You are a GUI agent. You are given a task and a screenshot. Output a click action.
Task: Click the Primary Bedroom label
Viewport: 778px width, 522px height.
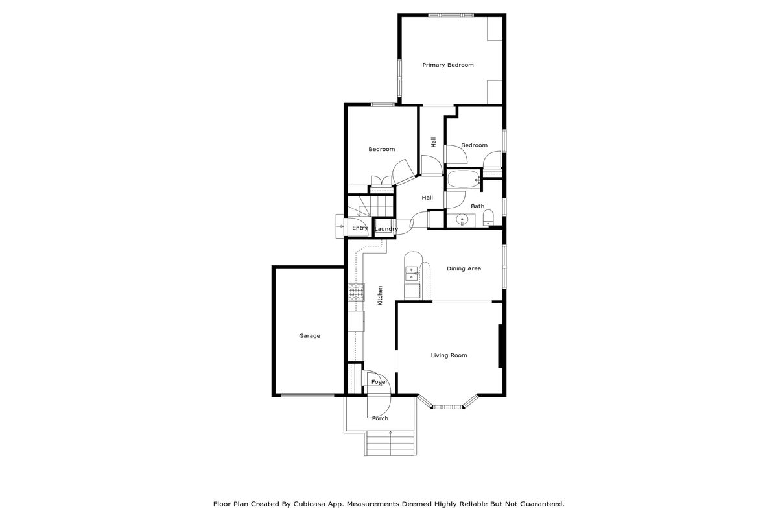(448, 65)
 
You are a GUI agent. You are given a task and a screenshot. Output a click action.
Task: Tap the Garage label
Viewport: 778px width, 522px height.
(309, 336)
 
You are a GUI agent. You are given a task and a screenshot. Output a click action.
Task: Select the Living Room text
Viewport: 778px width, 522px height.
(449, 355)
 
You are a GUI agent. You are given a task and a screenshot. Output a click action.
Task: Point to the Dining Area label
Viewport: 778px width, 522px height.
(464, 268)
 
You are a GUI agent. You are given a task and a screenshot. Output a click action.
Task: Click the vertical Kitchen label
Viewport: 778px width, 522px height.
(380, 296)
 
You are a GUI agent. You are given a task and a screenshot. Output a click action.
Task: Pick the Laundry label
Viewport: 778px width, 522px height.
(386, 229)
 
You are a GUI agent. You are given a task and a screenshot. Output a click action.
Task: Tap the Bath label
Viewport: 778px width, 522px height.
(478, 206)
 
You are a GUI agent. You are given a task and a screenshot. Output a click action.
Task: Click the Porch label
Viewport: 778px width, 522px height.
(380, 418)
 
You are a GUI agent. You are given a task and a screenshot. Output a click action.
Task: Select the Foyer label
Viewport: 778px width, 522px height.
(379, 382)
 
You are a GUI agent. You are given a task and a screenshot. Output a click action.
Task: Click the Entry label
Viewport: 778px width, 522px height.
(360, 228)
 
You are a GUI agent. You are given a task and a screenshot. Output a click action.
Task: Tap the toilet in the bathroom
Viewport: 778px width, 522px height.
(488, 217)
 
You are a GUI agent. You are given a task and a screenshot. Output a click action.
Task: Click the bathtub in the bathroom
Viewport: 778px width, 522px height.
(464, 180)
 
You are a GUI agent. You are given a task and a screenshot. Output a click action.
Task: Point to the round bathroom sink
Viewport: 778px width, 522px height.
(462, 219)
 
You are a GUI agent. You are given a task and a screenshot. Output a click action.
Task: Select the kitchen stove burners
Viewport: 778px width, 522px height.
(357, 292)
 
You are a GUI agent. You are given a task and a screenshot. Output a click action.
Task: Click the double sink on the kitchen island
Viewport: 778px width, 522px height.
(412, 274)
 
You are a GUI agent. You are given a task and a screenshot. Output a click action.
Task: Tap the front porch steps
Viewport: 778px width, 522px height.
(390, 443)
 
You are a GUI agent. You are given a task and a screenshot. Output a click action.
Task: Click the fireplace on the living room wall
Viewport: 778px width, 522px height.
(501, 346)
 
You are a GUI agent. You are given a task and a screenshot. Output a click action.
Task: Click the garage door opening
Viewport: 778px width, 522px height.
(307, 396)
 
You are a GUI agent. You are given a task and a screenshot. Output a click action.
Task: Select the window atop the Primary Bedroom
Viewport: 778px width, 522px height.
(451, 15)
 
